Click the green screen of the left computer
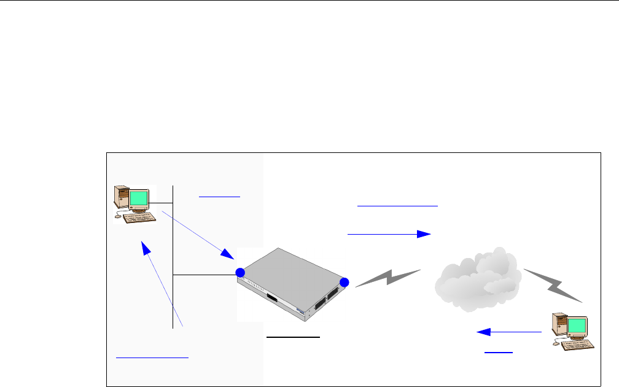[139, 199]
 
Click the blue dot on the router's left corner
[240, 273]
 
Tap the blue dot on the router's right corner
[344, 282]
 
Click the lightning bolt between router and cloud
[388, 278]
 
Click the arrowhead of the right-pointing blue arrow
[423, 234]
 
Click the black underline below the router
[293, 337]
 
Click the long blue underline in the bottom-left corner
[152, 356]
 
